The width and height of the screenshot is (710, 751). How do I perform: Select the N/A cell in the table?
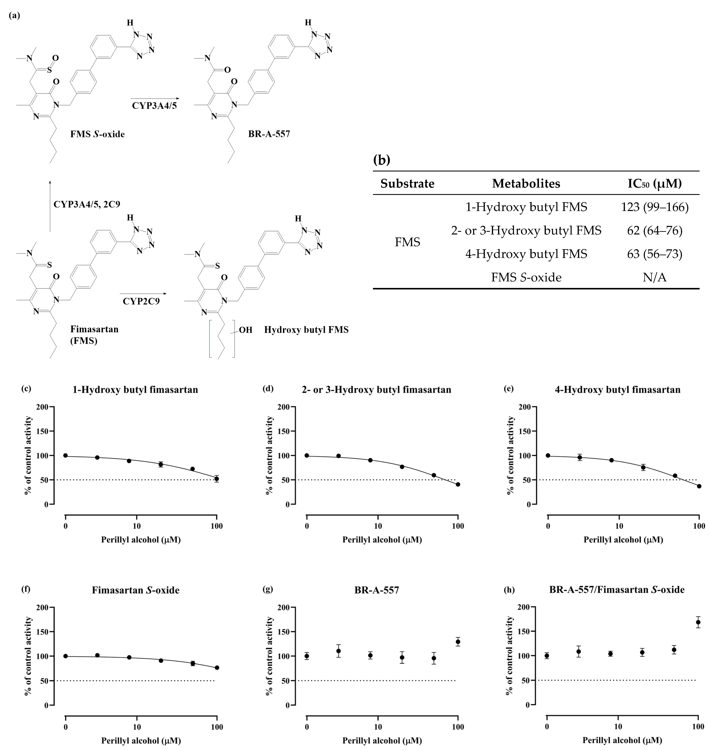[654, 278]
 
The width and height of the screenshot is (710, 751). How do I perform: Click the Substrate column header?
[407, 184]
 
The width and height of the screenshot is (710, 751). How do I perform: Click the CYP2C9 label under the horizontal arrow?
[141, 302]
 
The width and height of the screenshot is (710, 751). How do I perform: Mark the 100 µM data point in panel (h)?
[698, 622]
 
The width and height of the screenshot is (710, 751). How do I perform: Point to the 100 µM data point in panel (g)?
[458, 642]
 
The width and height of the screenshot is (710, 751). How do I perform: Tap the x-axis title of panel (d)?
[382, 540]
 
